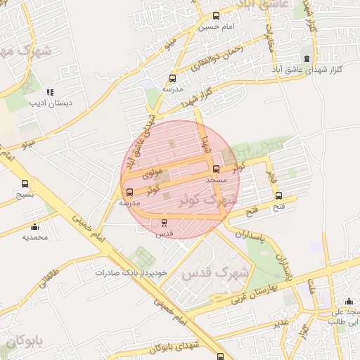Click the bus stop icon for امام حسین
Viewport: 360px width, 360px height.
tap(216, 15)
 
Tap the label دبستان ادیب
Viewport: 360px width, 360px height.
tap(46, 103)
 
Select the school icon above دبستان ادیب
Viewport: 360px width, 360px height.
tap(49, 92)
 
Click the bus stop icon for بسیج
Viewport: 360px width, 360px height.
tap(25, 184)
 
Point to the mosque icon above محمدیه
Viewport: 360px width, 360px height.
tap(35, 226)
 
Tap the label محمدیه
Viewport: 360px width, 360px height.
tap(34, 237)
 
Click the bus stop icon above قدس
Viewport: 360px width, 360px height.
tap(165, 222)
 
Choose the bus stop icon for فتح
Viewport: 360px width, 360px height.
tap(278, 195)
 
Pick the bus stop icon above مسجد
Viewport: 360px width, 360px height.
tap(216, 169)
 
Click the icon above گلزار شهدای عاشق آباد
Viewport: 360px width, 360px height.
tap(305, 58)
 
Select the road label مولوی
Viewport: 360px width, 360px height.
tap(152, 171)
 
